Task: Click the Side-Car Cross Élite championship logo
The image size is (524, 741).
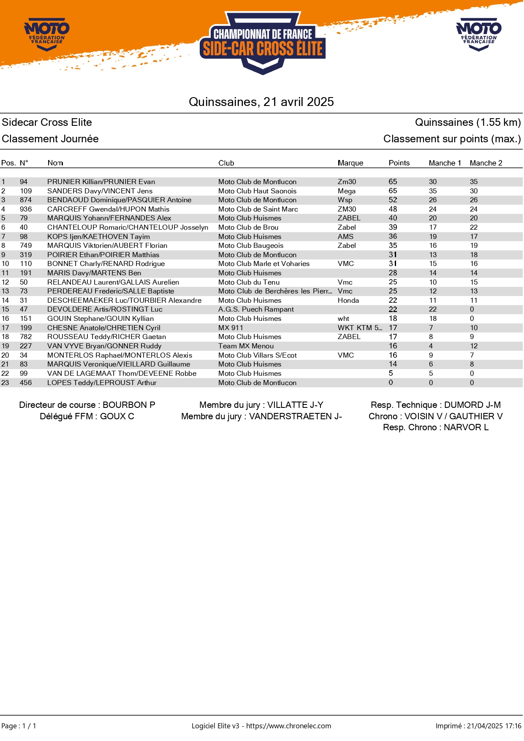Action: pos(262,43)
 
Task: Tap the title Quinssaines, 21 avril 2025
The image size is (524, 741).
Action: pos(261,102)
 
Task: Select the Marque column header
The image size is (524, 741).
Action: pos(350,163)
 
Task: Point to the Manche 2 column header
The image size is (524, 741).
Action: pos(486,163)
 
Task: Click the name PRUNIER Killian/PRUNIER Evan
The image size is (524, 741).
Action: pos(101,182)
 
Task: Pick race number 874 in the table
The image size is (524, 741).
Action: pos(26,200)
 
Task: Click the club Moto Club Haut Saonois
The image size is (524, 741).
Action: pos(257,191)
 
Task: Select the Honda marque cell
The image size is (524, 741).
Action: pos(348,300)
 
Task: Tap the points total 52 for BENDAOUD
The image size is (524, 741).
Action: pos(393,200)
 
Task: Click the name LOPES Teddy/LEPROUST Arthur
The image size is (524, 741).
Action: pos(102,383)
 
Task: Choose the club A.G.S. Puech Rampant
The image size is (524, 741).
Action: pos(256,309)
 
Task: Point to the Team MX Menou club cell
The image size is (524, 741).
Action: pos(246,346)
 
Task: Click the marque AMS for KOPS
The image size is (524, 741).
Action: pos(345,236)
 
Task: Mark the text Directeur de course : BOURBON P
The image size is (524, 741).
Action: pos(87,405)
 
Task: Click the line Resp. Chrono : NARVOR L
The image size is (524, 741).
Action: pos(435,427)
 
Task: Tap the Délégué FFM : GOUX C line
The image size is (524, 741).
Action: pos(87,416)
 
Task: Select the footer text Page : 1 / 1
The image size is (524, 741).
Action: pos(19,726)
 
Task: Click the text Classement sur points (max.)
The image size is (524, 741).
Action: pos(452,139)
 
